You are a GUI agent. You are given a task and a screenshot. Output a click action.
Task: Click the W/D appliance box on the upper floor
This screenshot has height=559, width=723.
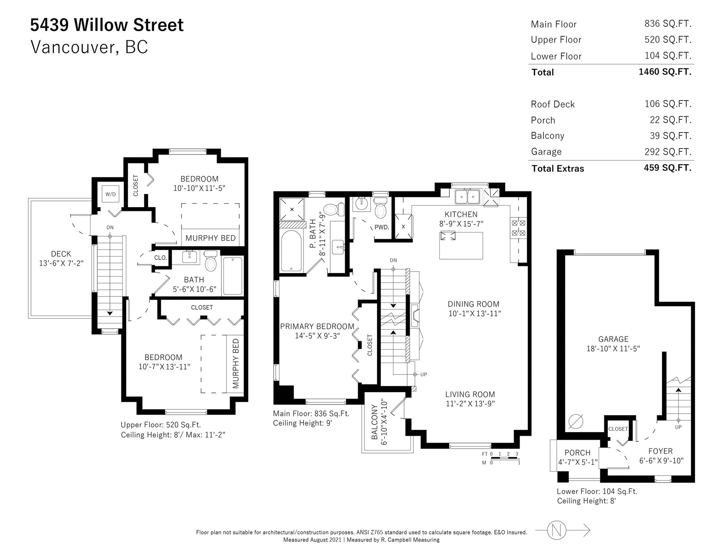[110, 194]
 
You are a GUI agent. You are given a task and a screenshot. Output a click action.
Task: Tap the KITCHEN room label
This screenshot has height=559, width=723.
[461, 214]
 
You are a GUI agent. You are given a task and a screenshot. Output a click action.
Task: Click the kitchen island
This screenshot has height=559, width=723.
[461, 246]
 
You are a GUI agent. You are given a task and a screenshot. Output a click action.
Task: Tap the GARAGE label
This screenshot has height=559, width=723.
[613, 339]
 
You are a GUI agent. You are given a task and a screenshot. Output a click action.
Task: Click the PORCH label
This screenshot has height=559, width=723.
[577, 453]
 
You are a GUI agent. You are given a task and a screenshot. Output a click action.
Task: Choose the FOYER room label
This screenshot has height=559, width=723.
[660, 451]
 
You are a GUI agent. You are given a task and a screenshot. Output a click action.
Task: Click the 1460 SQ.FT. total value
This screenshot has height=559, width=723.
[665, 72]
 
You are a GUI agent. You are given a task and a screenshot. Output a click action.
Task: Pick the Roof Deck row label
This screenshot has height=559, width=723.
[553, 104]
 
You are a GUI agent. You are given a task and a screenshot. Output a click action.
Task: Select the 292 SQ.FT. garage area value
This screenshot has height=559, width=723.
[668, 152]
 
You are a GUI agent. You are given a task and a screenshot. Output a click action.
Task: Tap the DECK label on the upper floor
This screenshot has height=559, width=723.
[61, 254]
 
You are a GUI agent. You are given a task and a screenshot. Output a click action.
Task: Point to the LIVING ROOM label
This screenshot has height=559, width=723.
[470, 394]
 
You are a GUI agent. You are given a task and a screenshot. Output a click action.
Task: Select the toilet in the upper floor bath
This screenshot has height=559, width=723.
[211, 261]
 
